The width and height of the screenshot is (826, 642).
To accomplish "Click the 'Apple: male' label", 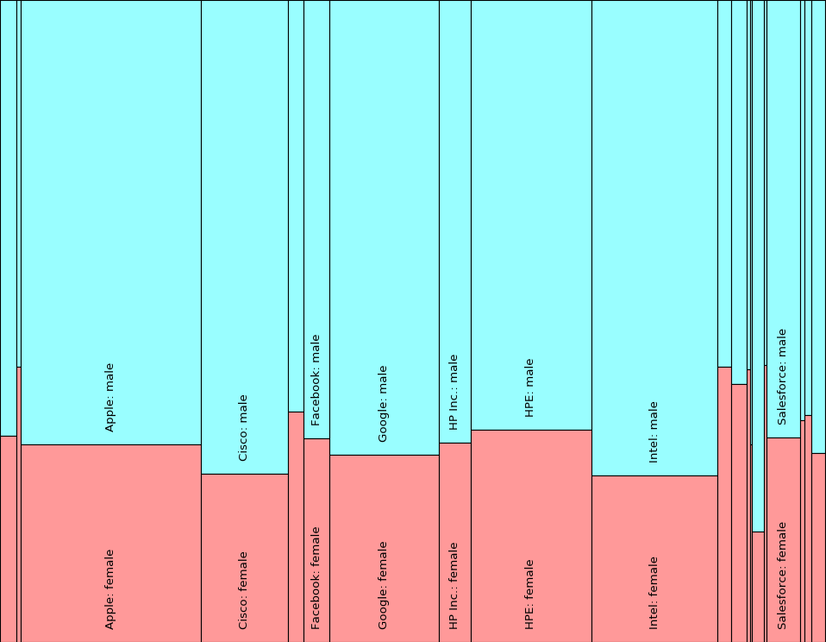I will [110, 397].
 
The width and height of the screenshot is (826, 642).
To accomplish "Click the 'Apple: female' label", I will [110, 589].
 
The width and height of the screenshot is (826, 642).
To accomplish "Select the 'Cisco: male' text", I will [243, 428].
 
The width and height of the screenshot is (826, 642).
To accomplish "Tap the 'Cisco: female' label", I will [243, 590].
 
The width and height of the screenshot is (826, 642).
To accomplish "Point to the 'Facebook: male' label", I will [316, 380].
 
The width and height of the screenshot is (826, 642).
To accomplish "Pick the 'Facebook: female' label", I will [316, 577].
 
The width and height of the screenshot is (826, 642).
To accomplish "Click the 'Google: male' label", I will [383, 404].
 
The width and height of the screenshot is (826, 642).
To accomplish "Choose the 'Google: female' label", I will [383, 585].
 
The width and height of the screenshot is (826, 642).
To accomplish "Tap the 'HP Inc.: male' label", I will [454, 392].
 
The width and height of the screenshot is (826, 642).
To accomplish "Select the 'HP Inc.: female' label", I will [454, 585].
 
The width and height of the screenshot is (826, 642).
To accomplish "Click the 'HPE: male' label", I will [529, 388].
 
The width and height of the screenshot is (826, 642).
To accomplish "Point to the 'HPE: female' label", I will [529, 594].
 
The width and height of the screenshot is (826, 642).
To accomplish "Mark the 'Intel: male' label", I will [654, 431].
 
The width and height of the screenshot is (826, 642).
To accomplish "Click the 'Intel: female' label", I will [654, 592].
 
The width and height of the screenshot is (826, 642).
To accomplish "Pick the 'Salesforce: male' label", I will [782, 376].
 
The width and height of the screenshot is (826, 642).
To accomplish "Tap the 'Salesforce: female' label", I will [782, 575].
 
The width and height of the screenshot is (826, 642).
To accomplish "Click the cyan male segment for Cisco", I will [244, 216].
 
